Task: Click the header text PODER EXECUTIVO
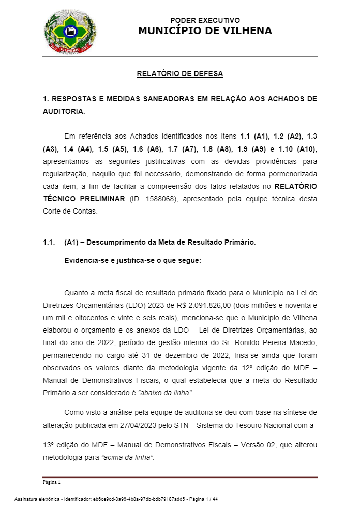pyautogui.click(x=205, y=20)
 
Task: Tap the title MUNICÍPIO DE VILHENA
pyautogui.click(x=205, y=31)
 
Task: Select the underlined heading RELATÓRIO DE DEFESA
pyautogui.click(x=180, y=74)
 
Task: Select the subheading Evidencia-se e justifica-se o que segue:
pyautogui.click(x=132, y=260)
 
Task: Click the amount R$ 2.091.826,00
pyautogui.click(x=197, y=304)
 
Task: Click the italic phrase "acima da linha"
pyautogui.click(x=129, y=457)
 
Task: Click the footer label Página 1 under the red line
pyautogui.click(x=52, y=482)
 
